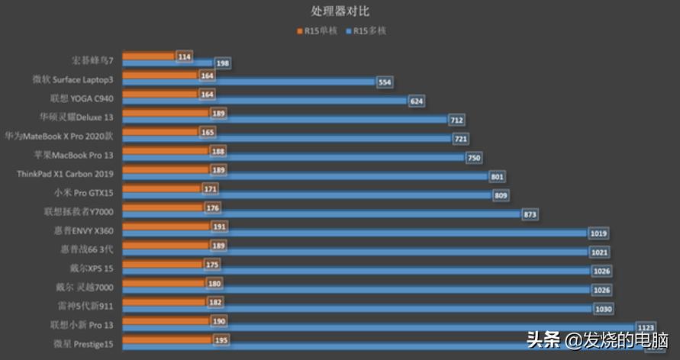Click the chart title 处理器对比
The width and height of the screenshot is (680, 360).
tap(340, 11)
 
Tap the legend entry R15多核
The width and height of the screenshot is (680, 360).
tap(369, 32)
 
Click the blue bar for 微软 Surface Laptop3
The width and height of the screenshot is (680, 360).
tap(248, 82)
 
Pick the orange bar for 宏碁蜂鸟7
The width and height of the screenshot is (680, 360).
tap(148, 56)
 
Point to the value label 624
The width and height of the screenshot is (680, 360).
tap(416, 101)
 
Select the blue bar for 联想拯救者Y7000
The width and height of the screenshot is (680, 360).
tap(321, 214)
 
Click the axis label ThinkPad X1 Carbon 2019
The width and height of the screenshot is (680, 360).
tap(64, 174)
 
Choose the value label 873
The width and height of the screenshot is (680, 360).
tap(530, 214)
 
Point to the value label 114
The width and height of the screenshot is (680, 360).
tap(183, 57)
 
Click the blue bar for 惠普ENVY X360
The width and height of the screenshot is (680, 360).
tap(354, 233)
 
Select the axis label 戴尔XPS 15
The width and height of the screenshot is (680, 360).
tap(92, 268)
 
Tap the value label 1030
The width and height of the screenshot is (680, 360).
tap(602, 309)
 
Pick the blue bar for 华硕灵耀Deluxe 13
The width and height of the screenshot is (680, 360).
tap(284, 121)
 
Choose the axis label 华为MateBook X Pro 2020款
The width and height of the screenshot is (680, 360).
tap(59, 136)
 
